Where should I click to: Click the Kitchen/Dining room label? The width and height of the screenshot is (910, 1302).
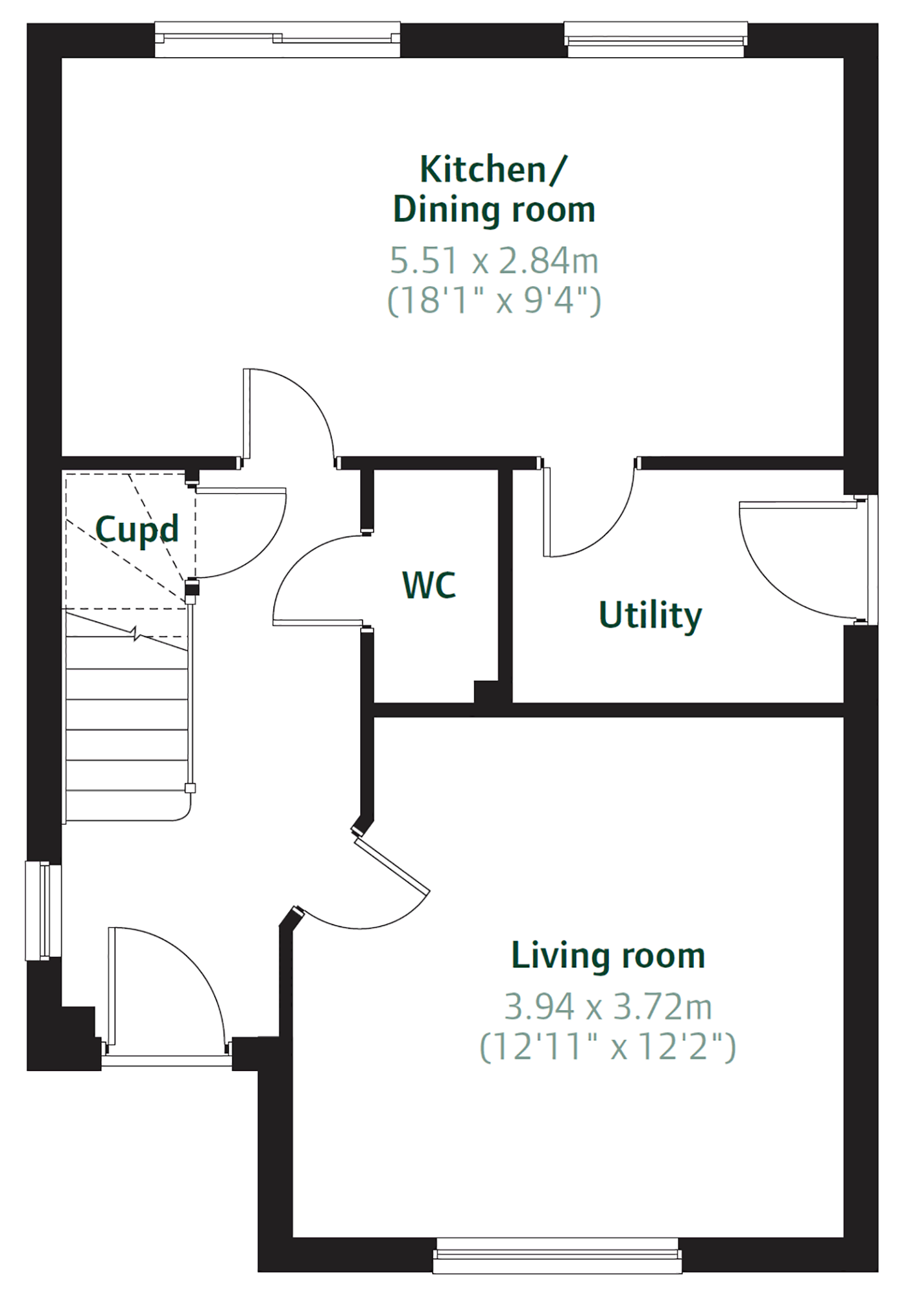(494, 190)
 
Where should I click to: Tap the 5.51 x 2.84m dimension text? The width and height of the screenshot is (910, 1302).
(494, 261)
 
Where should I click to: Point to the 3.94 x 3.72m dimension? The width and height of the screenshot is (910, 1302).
(608, 1007)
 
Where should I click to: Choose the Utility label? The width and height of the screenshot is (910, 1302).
(650, 615)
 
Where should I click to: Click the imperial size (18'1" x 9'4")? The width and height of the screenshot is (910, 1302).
(494, 300)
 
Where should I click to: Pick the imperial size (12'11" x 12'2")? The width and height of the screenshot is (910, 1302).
(608, 1047)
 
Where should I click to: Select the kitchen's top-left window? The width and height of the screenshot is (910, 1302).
(278, 39)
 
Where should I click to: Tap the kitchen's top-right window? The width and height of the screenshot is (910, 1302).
(656, 39)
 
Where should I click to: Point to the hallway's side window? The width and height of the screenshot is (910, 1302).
(43, 910)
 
